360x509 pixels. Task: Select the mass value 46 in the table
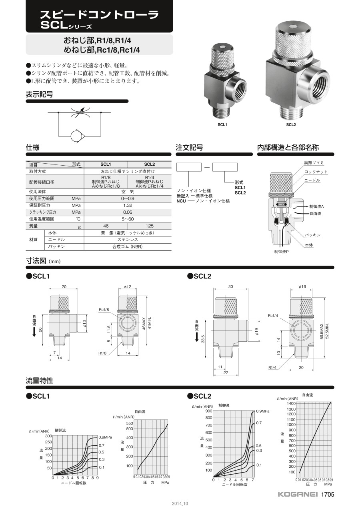(106, 226)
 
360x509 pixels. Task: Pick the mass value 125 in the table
(150, 226)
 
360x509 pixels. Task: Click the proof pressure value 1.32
(128, 205)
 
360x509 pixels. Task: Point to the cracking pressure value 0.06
(128, 212)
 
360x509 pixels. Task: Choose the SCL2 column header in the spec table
(150, 164)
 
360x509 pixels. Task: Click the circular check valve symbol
(76, 136)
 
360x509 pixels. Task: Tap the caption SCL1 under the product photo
(222, 124)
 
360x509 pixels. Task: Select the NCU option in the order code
(181, 201)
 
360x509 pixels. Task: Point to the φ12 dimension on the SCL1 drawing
(128, 287)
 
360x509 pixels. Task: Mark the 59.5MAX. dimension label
(322, 331)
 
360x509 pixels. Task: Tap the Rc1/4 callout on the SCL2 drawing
(273, 316)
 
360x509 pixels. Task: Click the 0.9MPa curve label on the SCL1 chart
(105, 437)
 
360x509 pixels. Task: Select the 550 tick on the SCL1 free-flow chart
(130, 423)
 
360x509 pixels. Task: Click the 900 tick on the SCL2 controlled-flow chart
(209, 411)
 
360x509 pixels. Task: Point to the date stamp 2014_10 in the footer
(180, 503)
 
